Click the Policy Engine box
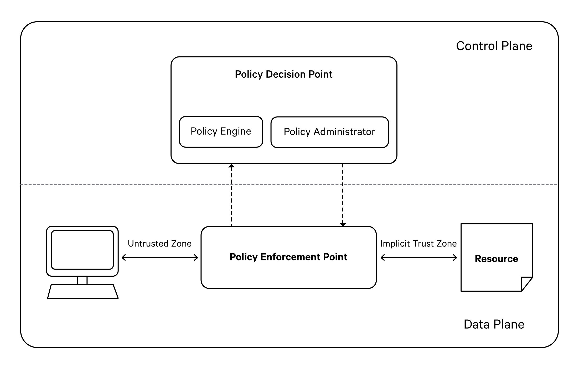(x=221, y=132)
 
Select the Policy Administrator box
(x=330, y=132)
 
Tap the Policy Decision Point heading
(x=284, y=74)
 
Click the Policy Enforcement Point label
(x=288, y=257)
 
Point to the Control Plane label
(x=494, y=46)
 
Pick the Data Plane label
(x=494, y=324)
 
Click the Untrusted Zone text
(x=159, y=244)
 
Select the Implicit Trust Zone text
(x=418, y=244)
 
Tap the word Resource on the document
(x=496, y=259)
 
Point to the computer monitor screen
(x=82, y=250)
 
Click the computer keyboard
(x=83, y=291)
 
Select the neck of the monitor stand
(x=82, y=280)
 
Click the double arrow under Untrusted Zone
(x=160, y=258)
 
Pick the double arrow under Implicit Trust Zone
(x=419, y=258)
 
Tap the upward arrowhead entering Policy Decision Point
(x=231, y=166)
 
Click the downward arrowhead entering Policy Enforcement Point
(x=343, y=224)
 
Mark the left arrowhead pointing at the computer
(x=123, y=258)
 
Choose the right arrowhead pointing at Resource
(x=455, y=258)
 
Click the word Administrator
(x=344, y=132)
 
